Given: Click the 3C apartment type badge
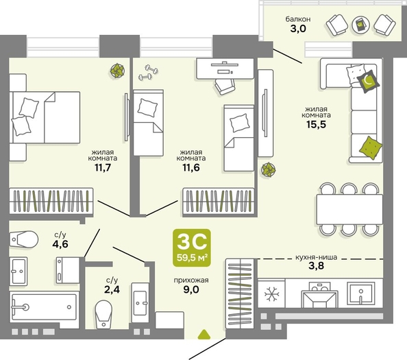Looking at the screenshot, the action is [x=192, y=248].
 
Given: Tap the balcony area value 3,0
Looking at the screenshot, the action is [x=298, y=28].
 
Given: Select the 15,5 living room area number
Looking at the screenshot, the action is [x=316, y=124].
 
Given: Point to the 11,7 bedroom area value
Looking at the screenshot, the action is [x=103, y=167].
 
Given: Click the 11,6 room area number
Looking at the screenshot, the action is [x=191, y=167].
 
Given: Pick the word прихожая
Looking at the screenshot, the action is [x=191, y=280].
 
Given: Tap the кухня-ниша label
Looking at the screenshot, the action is [x=317, y=257].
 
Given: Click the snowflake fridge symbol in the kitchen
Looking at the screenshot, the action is [x=272, y=294].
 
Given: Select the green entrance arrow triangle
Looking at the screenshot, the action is [x=204, y=335].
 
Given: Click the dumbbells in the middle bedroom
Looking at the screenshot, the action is [x=148, y=72].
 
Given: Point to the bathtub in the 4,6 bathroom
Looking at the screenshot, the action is [x=44, y=307].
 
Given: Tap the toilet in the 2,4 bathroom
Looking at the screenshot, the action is [x=103, y=315].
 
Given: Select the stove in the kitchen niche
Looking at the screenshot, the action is [x=319, y=295].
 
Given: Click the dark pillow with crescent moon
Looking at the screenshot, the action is [x=367, y=82].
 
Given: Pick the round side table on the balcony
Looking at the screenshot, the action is [x=360, y=25].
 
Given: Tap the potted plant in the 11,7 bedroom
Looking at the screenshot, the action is [x=117, y=70].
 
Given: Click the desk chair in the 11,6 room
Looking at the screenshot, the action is [x=225, y=86].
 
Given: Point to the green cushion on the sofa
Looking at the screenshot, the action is [x=371, y=147].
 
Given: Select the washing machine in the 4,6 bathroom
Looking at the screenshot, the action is [x=68, y=270].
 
